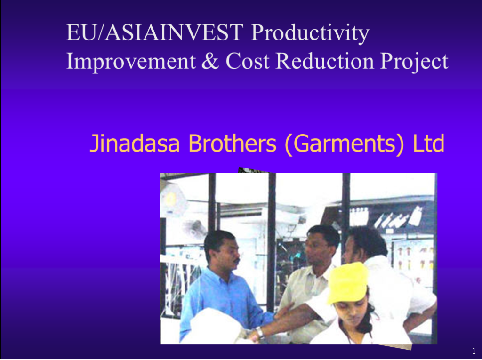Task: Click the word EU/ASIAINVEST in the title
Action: click(x=154, y=32)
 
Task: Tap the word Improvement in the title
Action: click(x=131, y=61)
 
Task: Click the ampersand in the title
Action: click(x=210, y=61)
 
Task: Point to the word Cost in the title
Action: click(x=248, y=61)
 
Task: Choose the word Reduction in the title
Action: click(x=324, y=61)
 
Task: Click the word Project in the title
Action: click(x=414, y=62)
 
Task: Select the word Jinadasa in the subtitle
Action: click(x=134, y=143)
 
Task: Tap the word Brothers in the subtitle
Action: click(x=232, y=143)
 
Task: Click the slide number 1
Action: click(x=474, y=351)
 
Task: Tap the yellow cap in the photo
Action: click(x=348, y=283)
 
